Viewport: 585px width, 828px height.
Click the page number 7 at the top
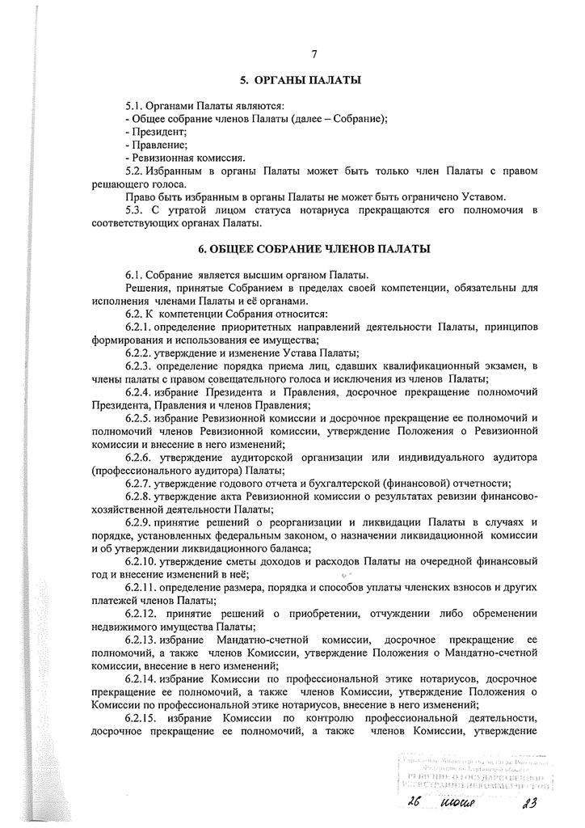tap(313, 54)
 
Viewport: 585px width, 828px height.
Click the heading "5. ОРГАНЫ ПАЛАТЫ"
tap(301, 81)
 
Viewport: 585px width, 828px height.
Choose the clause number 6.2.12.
tap(145, 613)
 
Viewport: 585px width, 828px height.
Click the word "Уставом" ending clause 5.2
tap(483, 197)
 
